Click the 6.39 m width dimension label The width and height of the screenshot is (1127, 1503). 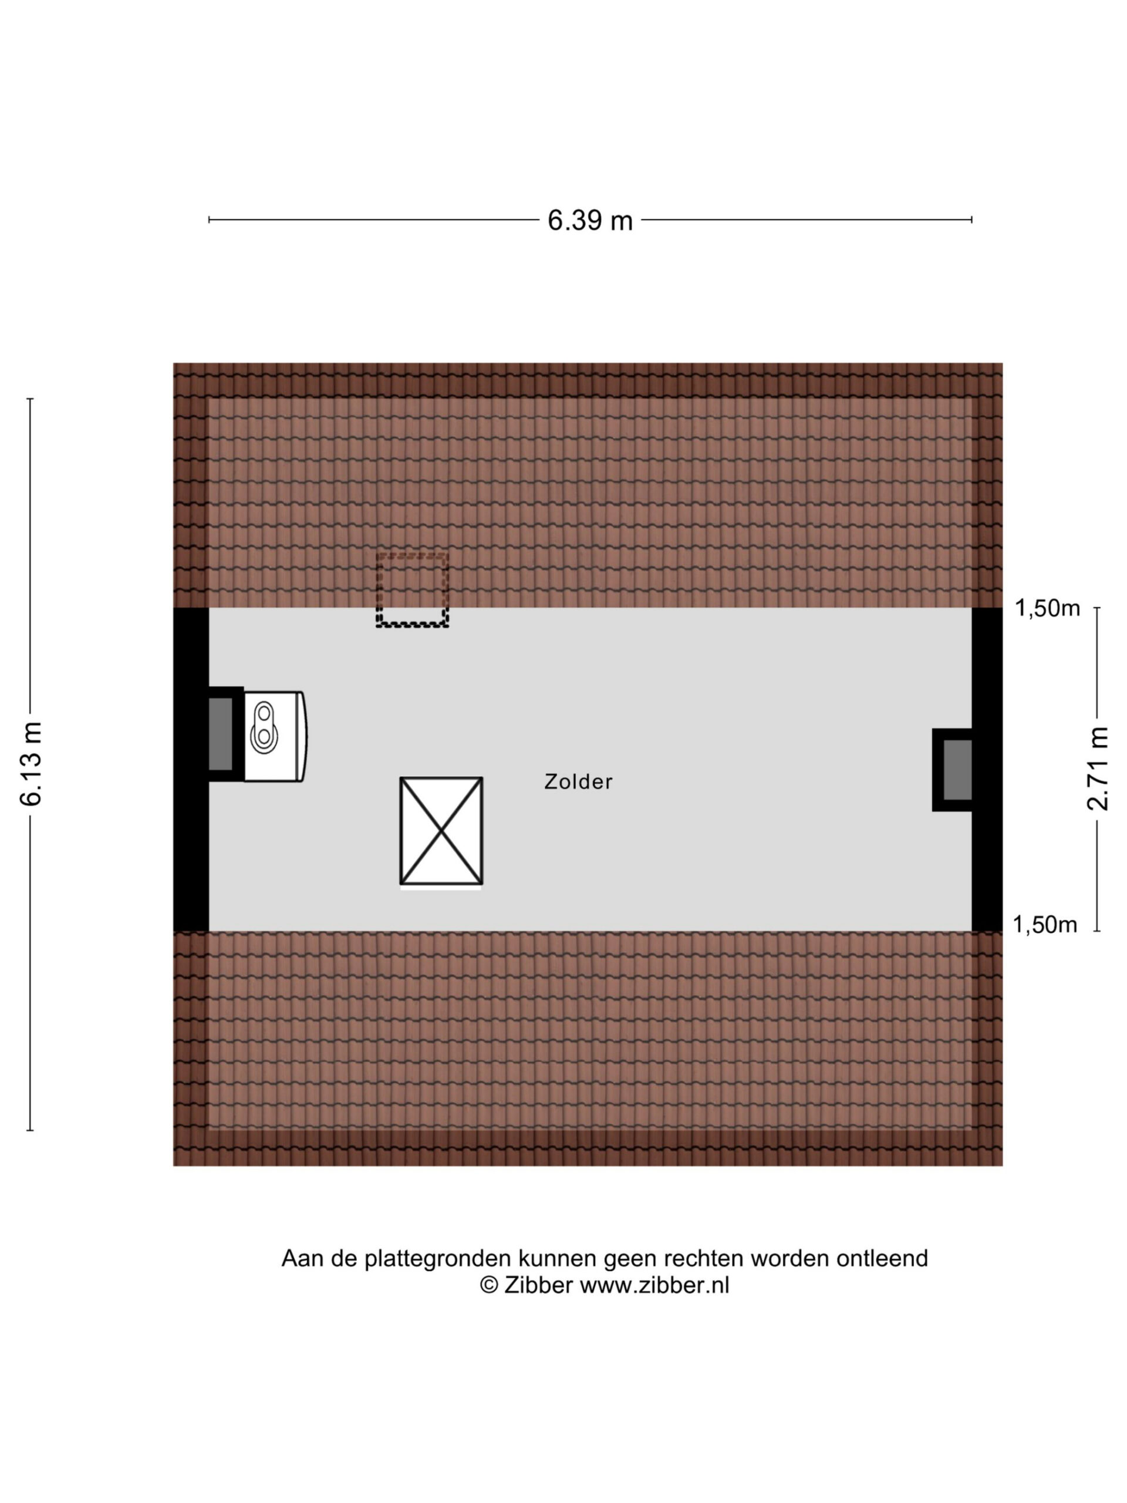(590, 220)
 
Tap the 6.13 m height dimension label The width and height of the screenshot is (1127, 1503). (31, 764)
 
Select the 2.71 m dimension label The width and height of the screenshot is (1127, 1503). (1098, 769)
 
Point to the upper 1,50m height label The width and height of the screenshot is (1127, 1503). (1047, 608)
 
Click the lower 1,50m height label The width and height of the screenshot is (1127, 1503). (1045, 925)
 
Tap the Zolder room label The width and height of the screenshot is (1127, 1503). (578, 781)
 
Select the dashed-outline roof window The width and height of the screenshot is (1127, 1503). (412, 590)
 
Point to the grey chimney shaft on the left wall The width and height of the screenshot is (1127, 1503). (220, 734)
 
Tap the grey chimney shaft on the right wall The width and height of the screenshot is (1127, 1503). (957, 769)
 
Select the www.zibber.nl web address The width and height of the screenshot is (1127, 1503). (654, 1285)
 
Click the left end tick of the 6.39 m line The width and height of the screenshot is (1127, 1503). (209, 220)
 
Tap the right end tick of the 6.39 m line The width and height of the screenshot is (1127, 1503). (971, 220)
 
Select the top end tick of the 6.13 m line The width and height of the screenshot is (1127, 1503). (30, 399)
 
